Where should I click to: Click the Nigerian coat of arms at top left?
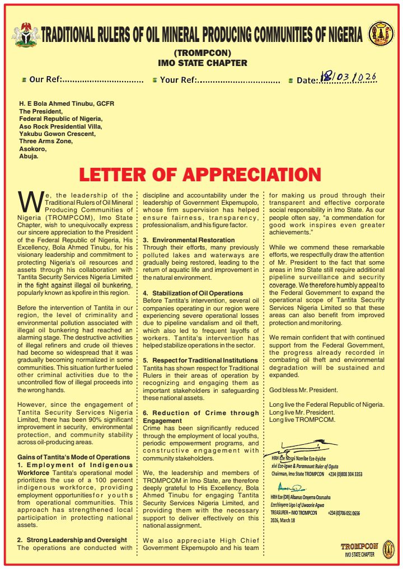tap(25, 35)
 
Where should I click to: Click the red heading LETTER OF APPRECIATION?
tap(200, 175)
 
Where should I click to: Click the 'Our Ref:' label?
tap(45, 80)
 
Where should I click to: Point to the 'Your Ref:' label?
tap(177, 80)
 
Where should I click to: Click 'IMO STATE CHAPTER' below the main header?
tap(202, 63)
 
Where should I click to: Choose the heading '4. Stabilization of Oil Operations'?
tap(193, 293)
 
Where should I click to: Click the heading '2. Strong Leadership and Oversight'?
tap(72, 539)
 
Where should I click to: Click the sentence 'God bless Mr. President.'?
tap(303, 389)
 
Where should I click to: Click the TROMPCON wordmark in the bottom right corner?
tap(359, 546)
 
